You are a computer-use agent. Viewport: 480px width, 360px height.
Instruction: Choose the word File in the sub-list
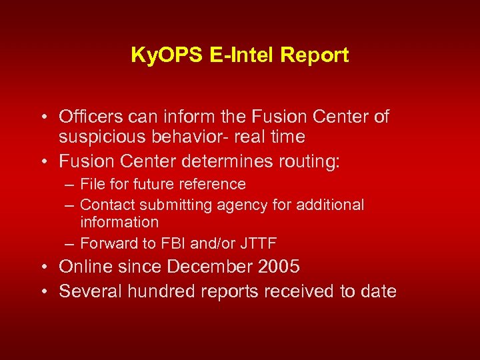click(90, 184)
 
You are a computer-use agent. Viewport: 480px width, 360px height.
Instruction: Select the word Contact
click(107, 205)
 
